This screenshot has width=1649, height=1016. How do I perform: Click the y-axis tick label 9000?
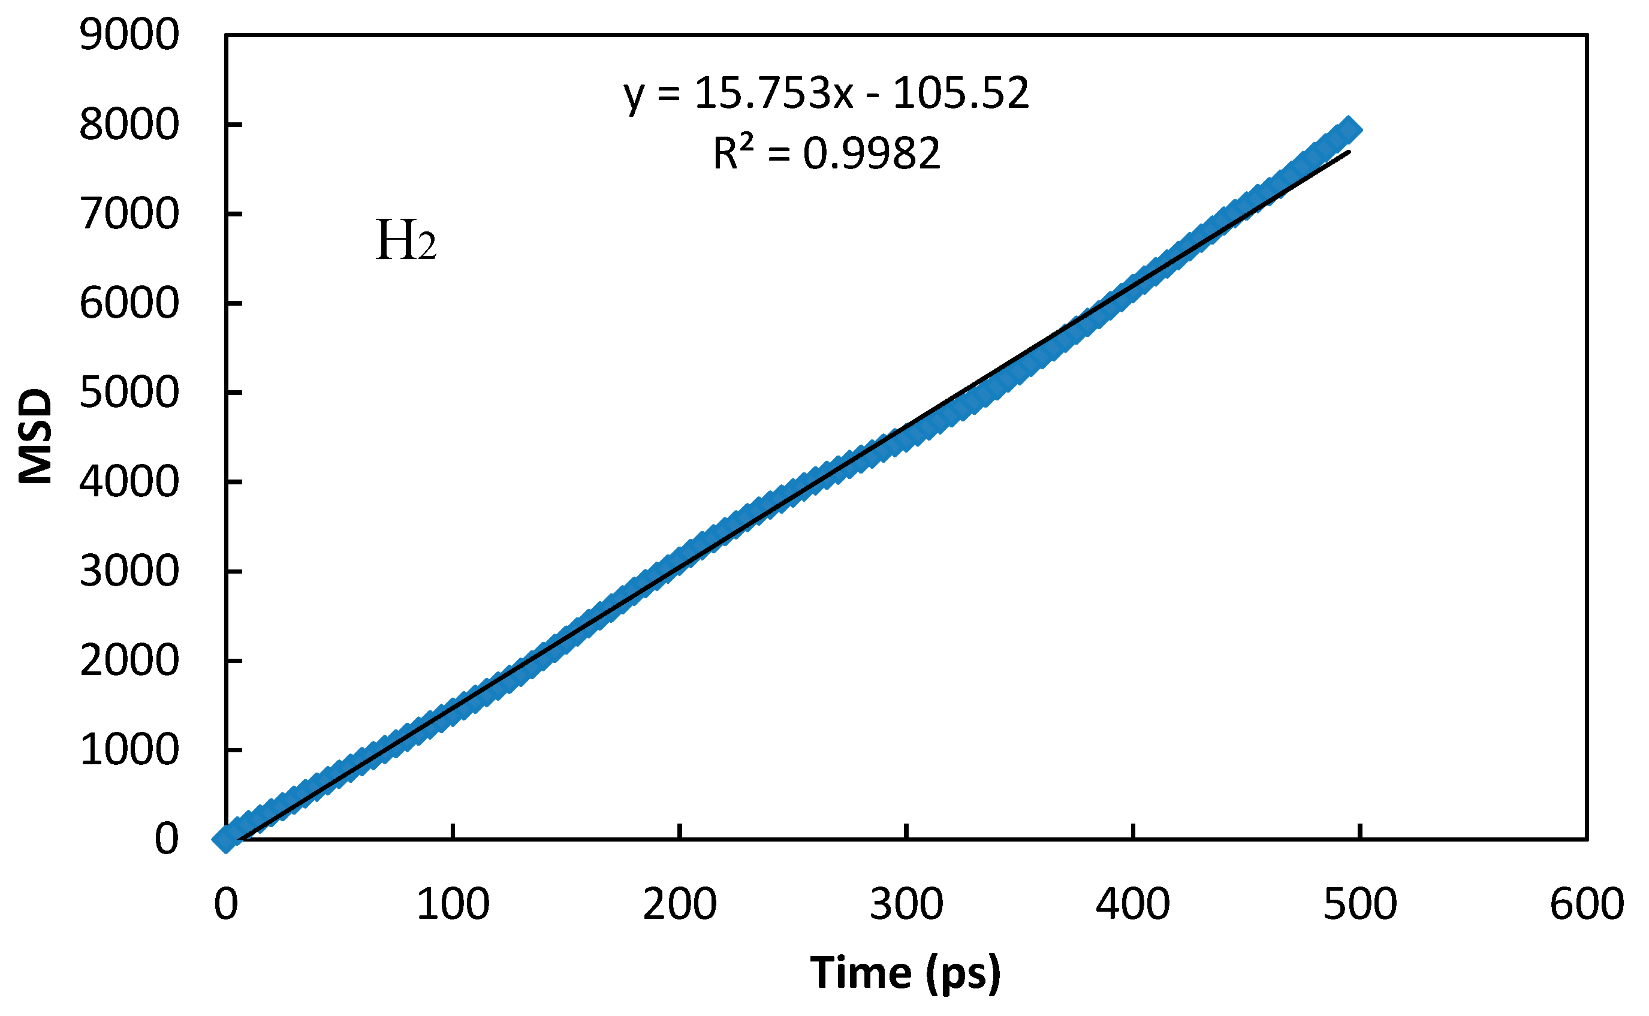pyautogui.click(x=129, y=35)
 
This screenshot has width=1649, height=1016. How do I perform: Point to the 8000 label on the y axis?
pyautogui.click(x=129, y=125)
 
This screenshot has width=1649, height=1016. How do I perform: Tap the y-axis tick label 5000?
pyautogui.click(x=129, y=393)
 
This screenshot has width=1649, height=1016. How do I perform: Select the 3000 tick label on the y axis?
pyautogui.click(x=129, y=571)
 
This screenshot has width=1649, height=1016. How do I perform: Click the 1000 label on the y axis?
pyautogui.click(x=129, y=750)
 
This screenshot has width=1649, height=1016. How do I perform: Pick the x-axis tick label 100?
pyautogui.click(x=453, y=905)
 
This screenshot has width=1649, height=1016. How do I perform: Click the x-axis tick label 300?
pyautogui.click(x=906, y=905)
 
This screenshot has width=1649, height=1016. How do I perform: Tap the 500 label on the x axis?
pyautogui.click(x=1360, y=905)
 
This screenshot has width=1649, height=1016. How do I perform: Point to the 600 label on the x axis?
pyautogui.click(x=1587, y=905)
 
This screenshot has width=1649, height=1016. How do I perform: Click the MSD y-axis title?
pyautogui.click(x=35, y=436)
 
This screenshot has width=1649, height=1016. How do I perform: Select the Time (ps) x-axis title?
pyautogui.click(x=905, y=972)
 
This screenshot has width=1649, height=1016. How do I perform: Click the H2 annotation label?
pyautogui.click(x=406, y=240)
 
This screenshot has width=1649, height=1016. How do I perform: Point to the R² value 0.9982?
pyautogui.click(x=872, y=153)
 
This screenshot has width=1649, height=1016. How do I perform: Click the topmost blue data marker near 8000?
pyautogui.click(x=1348, y=129)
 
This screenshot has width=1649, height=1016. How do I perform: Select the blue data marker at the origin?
pyautogui.click(x=227, y=839)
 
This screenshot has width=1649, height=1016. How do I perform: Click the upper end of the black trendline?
pyautogui.click(x=1348, y=152)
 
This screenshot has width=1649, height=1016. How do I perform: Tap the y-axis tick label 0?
pyautogui.click(x=167, y=839)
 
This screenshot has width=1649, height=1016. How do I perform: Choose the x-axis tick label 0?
pyautogui.click(x=227, y=905)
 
